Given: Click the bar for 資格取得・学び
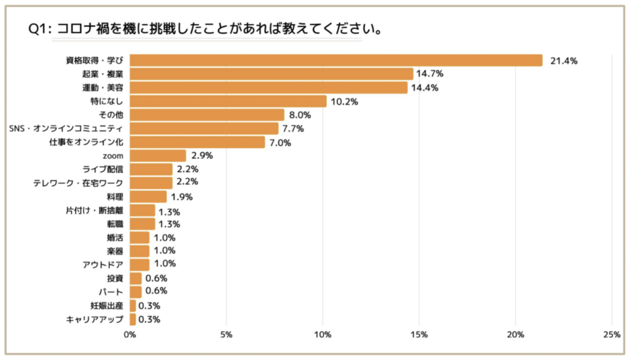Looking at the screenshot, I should [x=336, y=60].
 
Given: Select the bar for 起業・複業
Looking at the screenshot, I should [x=272, y=74].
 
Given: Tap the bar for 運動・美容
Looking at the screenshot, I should [x=268, y=88].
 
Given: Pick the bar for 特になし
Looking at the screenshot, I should [x=228, y=101].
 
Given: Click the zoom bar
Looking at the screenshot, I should [x=158, y=155].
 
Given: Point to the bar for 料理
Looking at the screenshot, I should [x=148, y=197].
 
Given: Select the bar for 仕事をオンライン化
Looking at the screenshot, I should [x=197, y=142].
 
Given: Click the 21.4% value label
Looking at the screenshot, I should [x=564, y=60].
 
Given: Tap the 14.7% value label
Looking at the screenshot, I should [x=430, y=74].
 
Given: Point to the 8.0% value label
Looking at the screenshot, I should [x=300, y=115].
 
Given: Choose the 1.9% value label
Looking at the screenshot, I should [x=182, y=197].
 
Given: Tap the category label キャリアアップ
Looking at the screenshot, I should [x=95, y=319].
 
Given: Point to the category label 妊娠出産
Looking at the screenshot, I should [x=107, y=305].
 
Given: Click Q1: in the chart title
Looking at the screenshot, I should [x=40, y=29].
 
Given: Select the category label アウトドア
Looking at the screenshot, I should [x=103, y=264].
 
